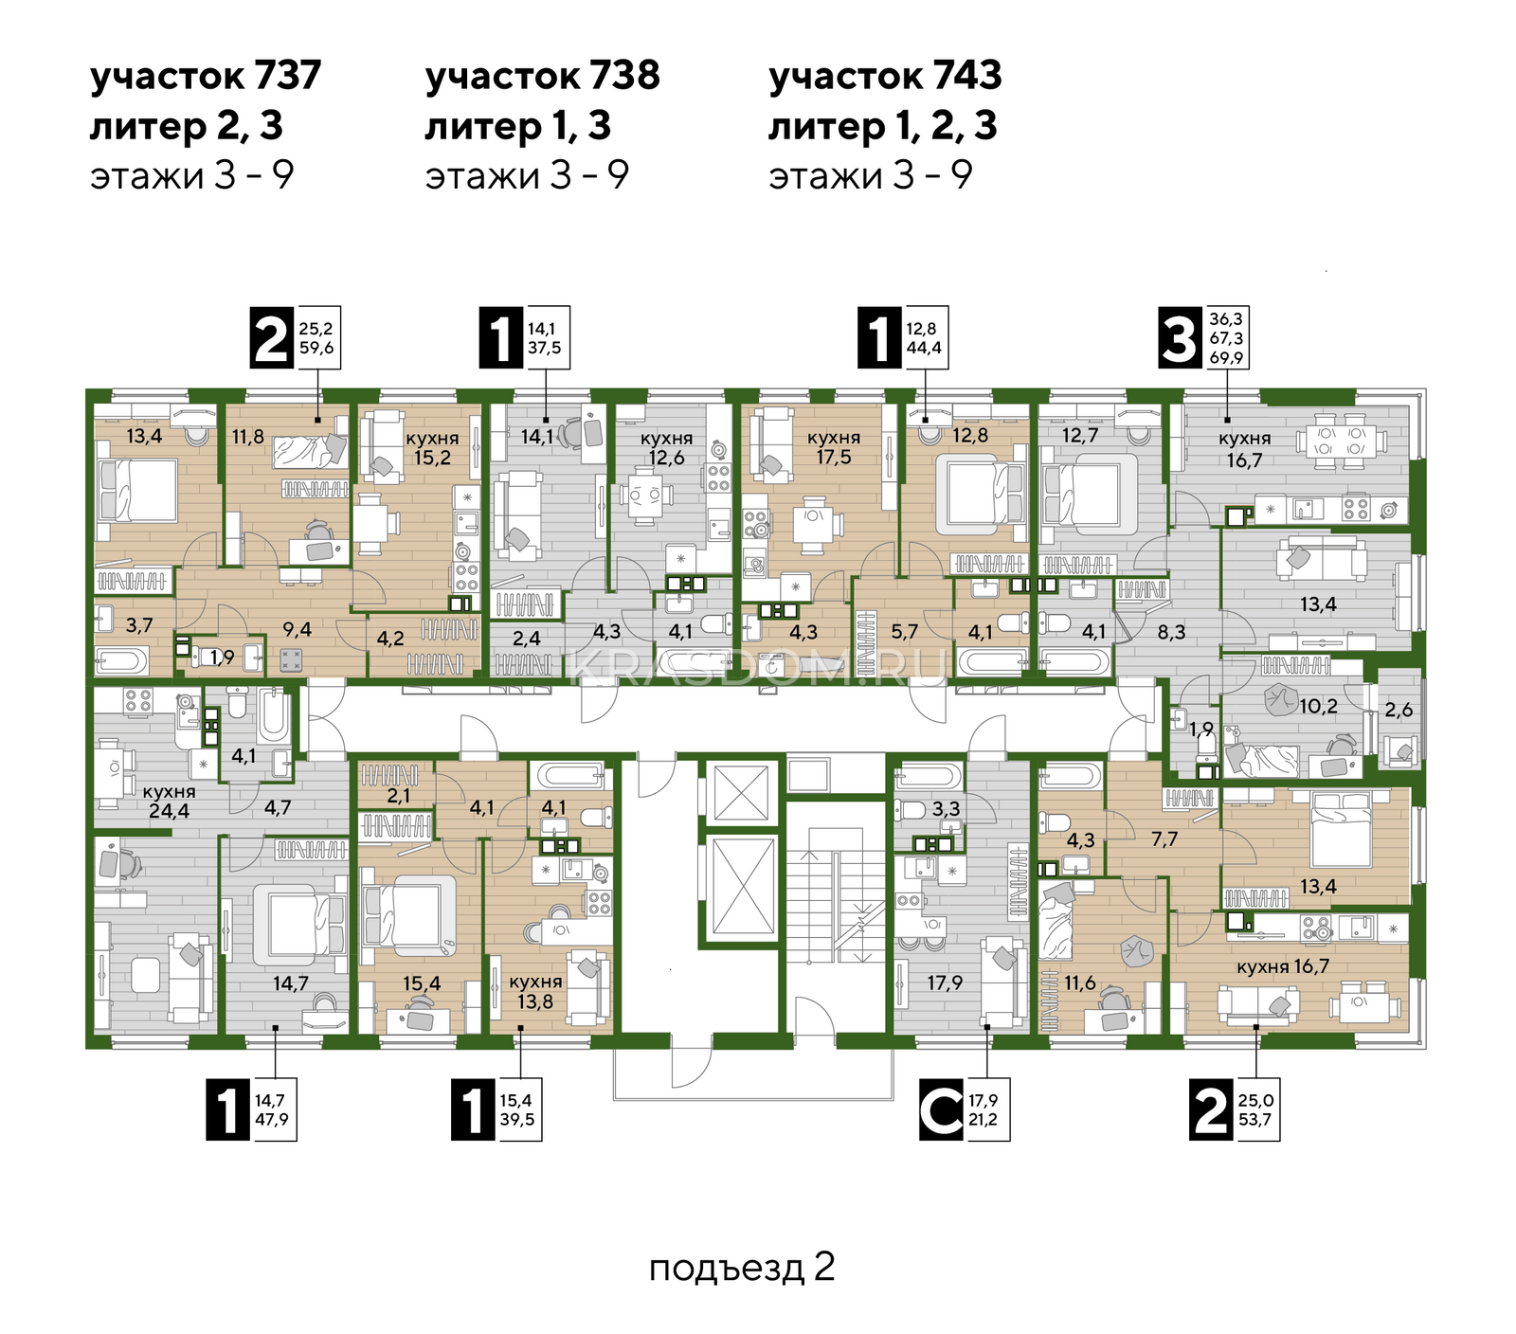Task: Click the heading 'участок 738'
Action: click(542, 76)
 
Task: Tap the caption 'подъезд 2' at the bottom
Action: click(742, 1268)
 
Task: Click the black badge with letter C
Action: click(942, 1110)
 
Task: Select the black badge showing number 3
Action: click(1181, 338)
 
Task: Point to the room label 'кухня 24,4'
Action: click(169, 801)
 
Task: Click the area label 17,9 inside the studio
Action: click(945, 982)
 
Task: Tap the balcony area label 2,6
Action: click(1399, 710)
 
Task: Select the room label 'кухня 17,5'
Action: click(834, 447)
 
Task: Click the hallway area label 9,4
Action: click(297, 629)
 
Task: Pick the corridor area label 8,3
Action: click(1171, 632)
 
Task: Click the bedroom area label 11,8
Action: click(248, 437)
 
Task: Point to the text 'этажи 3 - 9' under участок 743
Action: click(870, 175)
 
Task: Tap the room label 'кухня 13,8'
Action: click(535, 992)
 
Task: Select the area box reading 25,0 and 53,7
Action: click(1256, 1110)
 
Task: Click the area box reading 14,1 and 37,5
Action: click(545, 338)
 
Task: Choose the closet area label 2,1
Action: click(398, 796)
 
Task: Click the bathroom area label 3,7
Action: click(139, 625)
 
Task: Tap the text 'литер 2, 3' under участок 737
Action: click(187, 126)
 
